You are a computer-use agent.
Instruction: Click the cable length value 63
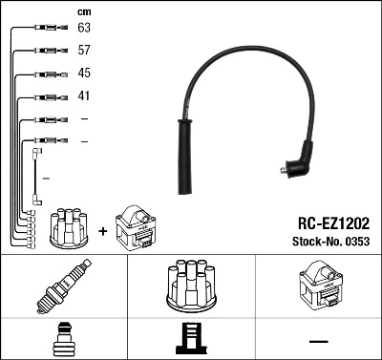[83, 29]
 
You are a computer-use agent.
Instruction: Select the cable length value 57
[83, 51]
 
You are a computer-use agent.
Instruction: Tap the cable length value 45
[83, 74]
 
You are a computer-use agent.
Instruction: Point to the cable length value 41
[83, 95]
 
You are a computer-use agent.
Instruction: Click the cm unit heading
[83, 11]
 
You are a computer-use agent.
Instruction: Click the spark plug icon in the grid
[63, 287]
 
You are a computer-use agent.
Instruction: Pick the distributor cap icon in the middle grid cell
[190, 286]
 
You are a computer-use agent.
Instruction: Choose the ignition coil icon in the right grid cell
[317, 286]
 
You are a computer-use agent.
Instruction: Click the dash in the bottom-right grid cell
[317, 340]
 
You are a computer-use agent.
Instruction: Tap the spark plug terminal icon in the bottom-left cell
[63, 338]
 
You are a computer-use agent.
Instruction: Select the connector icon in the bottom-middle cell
[190, 339]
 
